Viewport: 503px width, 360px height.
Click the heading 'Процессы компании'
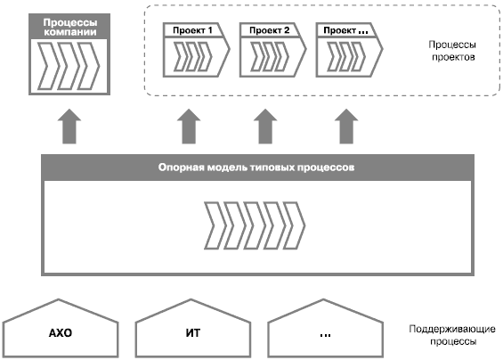click(x=70, y=27)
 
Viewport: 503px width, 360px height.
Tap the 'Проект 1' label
click(x=192, y=30)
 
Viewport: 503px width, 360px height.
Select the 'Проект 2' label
click(x=270, y=30)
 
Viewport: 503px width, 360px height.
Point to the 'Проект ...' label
click(x=345, y=30)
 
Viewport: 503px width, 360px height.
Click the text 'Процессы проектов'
click(x=452, y=51)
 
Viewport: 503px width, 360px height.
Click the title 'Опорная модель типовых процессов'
click(x=256, y=168)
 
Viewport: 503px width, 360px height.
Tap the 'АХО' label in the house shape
click(x=61, y=333)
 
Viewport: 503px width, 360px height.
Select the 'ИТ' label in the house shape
click(x=193, y=333)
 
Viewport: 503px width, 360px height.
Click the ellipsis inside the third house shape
click(x=325, y=336)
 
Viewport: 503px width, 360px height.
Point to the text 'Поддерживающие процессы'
click(x=452, y=335)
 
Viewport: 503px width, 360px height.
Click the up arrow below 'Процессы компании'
click(x=69, y=127)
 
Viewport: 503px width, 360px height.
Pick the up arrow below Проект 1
click(x=189, y=127)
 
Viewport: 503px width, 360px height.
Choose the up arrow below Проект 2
click(x=265, y=127)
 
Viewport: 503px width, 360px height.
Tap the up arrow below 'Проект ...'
click(x=346, y=127)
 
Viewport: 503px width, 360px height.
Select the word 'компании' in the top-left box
click(x=70, y=32)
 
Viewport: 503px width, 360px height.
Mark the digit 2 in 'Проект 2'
click(x=287, y=30)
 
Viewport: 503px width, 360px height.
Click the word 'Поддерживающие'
click(x=452, y=330)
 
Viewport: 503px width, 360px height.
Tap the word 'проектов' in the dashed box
click(x=453, y=57)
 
